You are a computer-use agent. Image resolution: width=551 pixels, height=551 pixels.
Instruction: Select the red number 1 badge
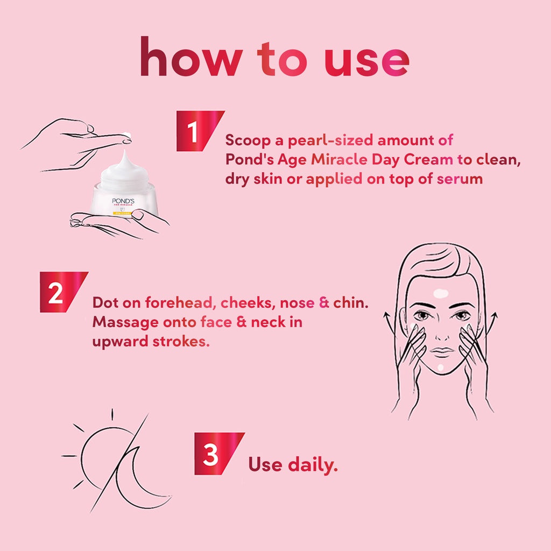[x=200, y=131]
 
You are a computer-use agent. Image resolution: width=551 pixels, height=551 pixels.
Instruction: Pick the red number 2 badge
[x=63, y=292]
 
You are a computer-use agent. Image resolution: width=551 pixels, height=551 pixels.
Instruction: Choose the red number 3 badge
[x=219, y=454]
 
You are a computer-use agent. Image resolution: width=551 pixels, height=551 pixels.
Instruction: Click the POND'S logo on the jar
[x=123, y=201]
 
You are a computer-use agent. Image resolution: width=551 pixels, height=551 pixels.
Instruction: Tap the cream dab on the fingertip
[x=127, y=136]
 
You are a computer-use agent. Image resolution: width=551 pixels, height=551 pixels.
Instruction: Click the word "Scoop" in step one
[x=248, y=140]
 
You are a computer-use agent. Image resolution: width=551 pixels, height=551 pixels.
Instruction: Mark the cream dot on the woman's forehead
[x=441, y=293]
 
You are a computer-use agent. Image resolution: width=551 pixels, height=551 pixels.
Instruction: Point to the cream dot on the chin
[x=441, y=368]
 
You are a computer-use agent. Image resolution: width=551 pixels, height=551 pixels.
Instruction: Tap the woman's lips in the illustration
[x=442, y=351]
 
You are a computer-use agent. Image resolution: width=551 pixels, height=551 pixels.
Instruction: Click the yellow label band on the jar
[x=122, y=213]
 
